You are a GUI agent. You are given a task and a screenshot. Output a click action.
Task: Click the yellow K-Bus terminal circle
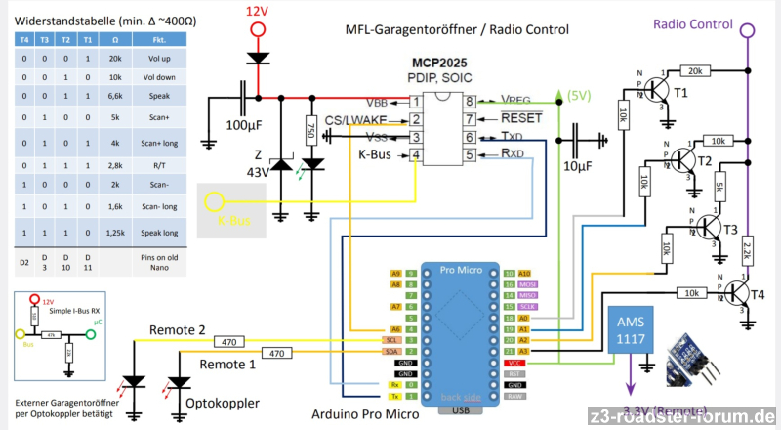[214, 202]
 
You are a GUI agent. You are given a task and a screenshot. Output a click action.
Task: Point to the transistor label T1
[680, 93]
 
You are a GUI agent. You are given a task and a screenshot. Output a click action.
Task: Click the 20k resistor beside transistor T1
[695, 71]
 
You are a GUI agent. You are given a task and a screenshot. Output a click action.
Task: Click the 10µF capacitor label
[577, 167]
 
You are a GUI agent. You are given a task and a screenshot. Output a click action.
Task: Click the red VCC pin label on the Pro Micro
[514, 361]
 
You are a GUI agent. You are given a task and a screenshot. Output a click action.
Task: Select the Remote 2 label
[178, 330]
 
